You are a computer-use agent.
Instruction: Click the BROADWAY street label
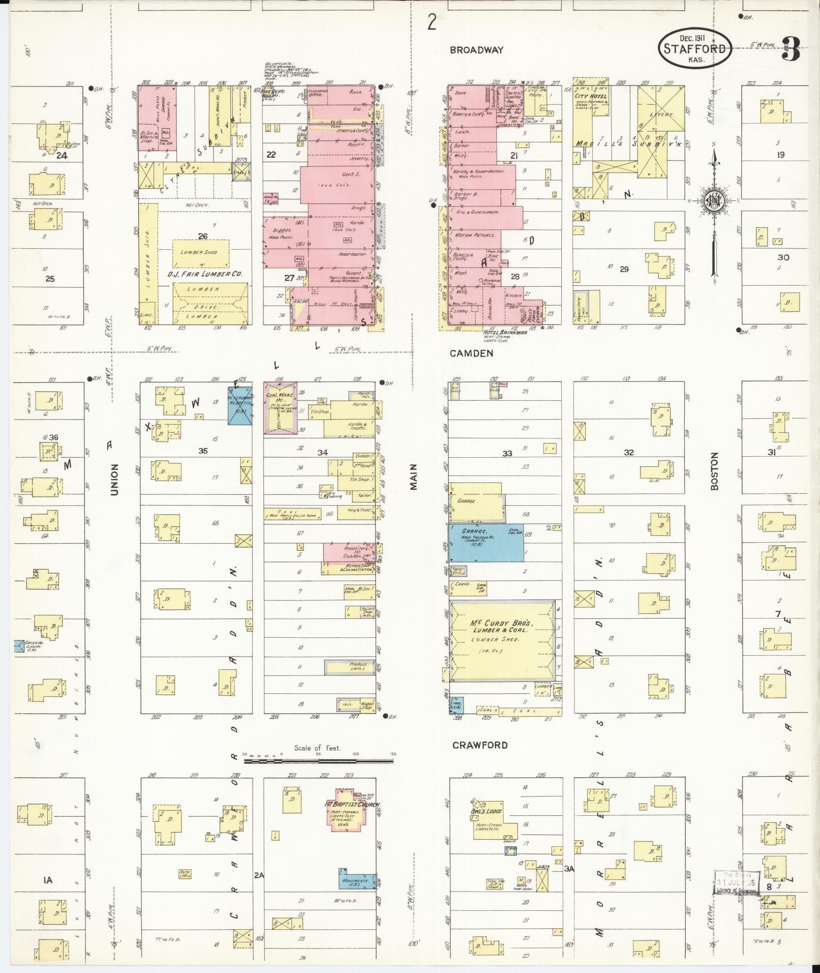coord(476,50)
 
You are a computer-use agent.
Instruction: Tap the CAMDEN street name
coord(471,353)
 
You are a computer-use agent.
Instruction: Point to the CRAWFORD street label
coord(480,745)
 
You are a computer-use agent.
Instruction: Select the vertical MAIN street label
coord(414,477)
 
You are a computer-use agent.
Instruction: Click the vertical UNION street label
coord(114,479)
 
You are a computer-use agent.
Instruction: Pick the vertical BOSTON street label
coord(715,471)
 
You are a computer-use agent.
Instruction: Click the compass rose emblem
coord(714,201)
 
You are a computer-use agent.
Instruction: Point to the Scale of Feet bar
coord(318,761)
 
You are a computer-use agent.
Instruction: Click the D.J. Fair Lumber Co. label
coord(206,274)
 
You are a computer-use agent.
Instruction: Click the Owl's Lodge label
coord(487,812)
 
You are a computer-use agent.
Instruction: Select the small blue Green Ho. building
coord(19,646)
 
